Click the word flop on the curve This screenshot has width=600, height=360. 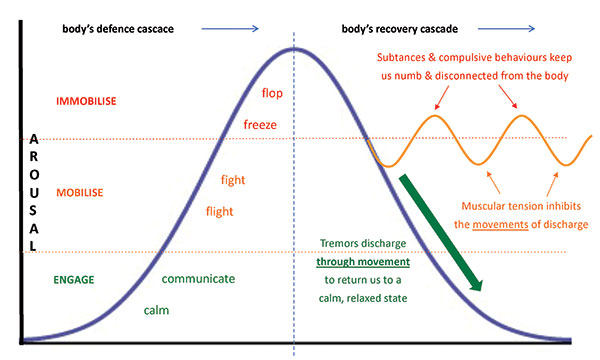[272, 93]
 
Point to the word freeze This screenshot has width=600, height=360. [260, 125]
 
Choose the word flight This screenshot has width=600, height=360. [220, 211]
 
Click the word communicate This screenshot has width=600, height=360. [198, 279]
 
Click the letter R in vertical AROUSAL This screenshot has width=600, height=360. [38, 160]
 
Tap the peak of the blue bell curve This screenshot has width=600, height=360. [293, 48]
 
